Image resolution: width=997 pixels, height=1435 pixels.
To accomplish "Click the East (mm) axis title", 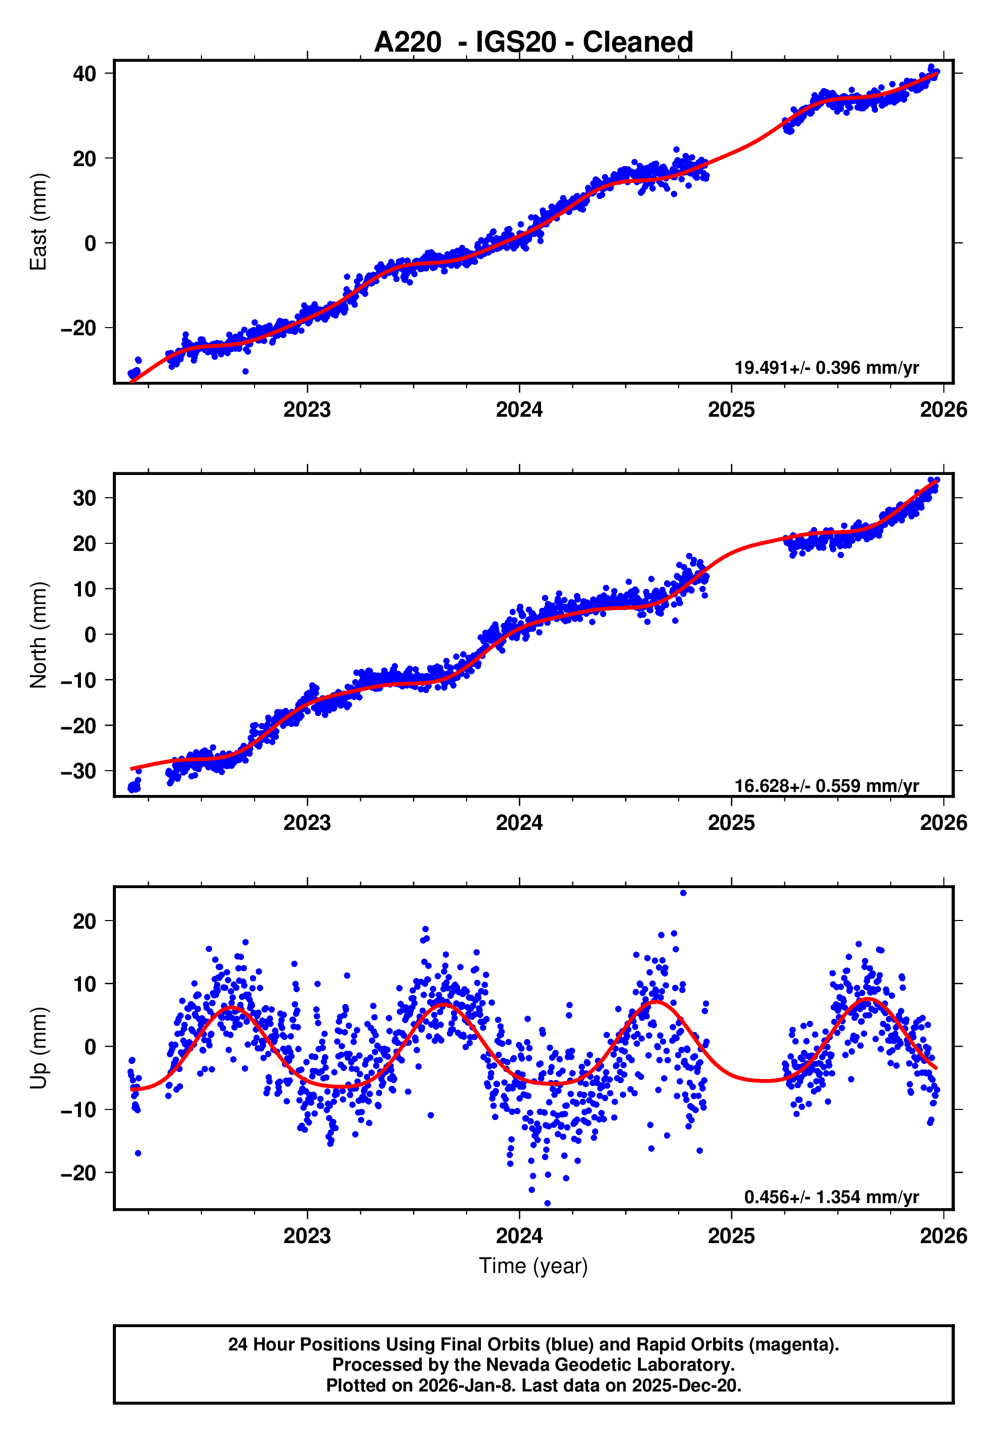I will (39, 222).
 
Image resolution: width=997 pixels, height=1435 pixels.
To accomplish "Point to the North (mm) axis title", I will (39, 635).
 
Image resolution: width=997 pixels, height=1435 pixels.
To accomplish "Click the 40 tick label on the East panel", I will (85, 74).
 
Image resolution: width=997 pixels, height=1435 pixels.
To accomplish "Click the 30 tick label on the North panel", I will (85, 498).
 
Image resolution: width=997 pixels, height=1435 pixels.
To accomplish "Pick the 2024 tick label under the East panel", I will (519, 410).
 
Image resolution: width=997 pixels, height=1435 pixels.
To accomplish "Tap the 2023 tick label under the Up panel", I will (307, 1236).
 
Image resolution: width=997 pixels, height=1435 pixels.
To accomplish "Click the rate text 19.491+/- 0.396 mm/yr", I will (826, 368).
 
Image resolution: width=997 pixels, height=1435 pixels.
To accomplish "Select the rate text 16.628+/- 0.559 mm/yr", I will (826, 786).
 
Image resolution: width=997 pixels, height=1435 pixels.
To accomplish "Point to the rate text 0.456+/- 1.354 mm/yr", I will (831, 1197).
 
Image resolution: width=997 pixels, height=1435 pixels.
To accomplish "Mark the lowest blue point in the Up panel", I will (547, 1203).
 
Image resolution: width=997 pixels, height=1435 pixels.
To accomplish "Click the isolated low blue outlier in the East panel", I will (245, 371).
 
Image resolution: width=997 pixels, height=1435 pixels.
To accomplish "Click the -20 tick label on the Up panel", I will (79, 1173).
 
